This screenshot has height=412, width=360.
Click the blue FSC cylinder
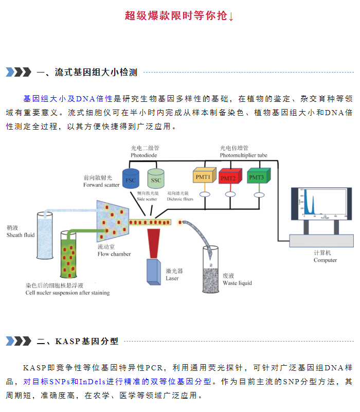tap(131, 178)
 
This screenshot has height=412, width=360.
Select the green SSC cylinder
tap(156, 178)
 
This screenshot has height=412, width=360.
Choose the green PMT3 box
tap(259, 175)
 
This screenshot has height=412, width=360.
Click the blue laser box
tap(154, 272)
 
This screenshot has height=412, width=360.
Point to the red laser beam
tap(153, 243)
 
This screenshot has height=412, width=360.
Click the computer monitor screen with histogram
tap(321, 204)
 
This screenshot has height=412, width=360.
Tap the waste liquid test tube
tap(210, 270)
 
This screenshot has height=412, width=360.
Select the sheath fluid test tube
tap(45, 236)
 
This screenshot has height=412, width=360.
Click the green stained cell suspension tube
tap(68, 254)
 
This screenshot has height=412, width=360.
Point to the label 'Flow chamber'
tap(114, 254)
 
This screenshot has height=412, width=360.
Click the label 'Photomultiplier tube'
tap(244, 155)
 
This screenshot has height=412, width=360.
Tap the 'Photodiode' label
tap(143, 155)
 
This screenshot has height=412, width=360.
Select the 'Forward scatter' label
tap(101, 185)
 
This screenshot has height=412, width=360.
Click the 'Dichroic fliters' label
tap(180, 199)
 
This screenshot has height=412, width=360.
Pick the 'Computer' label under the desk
tap(325, 260)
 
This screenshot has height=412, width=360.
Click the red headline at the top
tap(179, 16)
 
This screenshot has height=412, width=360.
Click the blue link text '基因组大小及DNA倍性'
tap(68, 99)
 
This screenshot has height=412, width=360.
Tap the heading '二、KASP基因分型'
tap(78, 342)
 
